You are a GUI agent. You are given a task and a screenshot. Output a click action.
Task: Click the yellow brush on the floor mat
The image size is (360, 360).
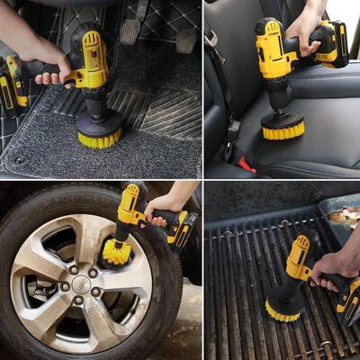pos(99,137)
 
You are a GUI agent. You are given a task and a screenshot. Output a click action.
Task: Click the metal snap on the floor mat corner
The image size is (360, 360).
pos(19,159)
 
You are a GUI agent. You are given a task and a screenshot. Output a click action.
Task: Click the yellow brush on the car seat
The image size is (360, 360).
pos(283,130)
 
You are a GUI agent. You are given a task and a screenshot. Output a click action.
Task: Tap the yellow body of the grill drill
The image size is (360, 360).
pos(301,256)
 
